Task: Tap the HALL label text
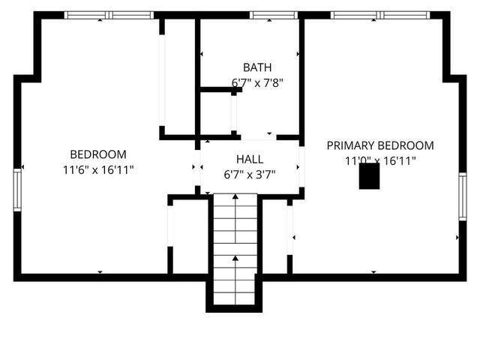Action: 250,159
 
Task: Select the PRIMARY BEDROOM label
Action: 379,145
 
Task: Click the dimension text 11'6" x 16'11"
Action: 98,170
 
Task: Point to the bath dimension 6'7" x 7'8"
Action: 257,82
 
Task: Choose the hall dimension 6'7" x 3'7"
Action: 250,175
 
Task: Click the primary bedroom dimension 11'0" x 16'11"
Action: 379,160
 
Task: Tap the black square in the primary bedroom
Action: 369,176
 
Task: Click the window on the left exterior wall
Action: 17,190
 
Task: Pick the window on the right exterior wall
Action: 462,196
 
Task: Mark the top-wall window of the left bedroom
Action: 109,15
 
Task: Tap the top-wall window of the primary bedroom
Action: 379,15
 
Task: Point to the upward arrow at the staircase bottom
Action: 235,259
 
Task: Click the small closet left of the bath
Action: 216,114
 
